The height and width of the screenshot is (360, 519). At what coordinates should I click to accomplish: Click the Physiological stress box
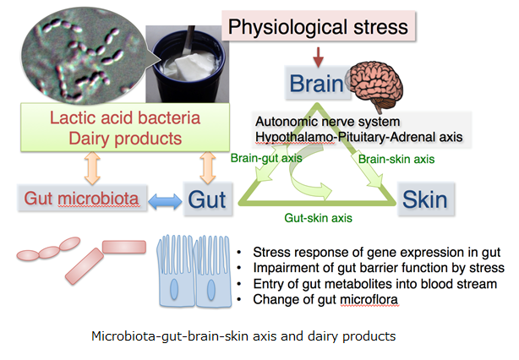[319, 26]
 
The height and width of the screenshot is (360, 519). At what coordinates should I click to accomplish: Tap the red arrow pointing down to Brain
[318, 57]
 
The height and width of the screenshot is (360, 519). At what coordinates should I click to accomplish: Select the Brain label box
[317, 83]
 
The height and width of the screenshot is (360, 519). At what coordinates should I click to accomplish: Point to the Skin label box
[426, 199]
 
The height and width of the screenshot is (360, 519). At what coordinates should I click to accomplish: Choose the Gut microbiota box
[82, 199]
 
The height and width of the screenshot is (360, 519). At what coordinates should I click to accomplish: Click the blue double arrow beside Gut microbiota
[165, 201]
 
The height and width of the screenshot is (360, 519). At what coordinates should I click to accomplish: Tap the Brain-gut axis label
[266, 158]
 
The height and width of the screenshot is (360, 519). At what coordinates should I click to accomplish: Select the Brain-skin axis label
[396, 159]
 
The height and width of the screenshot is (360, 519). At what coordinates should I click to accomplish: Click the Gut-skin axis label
[318, 218]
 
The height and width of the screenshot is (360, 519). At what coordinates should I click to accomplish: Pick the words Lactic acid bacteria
[125, 117]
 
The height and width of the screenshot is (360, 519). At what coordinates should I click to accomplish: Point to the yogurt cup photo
[188, 64]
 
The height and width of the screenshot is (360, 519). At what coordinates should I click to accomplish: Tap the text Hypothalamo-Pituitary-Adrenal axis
[358, 137]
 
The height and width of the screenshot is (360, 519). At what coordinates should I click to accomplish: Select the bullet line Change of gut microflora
[325, 299]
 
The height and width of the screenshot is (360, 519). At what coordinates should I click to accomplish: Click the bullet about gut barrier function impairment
[379, 268]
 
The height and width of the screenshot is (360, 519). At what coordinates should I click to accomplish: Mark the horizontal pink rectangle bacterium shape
[124, 247]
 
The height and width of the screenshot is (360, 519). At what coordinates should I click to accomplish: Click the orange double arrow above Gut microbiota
[92, 168]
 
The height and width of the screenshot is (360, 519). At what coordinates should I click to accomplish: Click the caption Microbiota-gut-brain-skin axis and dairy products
[243, 336]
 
